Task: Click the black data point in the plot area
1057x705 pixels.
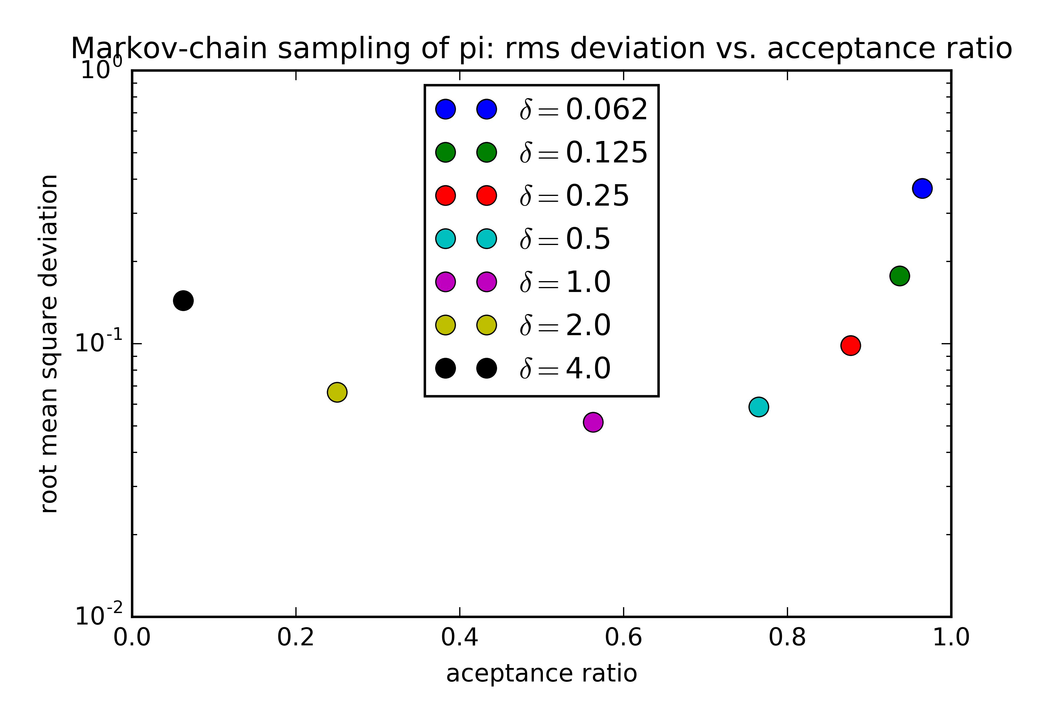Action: click(x=183, y=300)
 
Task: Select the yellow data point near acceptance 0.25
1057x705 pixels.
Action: click(x=337, y=392)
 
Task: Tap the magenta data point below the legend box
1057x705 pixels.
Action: click(x=593, y=422)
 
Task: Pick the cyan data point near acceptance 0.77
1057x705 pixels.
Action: click(x=759, y=407)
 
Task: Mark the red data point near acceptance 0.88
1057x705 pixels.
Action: click(x=851, y=345)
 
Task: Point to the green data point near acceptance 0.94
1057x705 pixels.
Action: click(x=900, y=276)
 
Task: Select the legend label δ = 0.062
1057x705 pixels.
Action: click(x=583, y=109)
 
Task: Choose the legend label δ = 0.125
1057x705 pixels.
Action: click(x=583, y=152)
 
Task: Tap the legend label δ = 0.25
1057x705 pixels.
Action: click(x=574, y=196)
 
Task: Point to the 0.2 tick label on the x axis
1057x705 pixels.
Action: click(x=296, y=637)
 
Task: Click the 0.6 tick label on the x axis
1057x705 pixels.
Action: click(x=623, y=637)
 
